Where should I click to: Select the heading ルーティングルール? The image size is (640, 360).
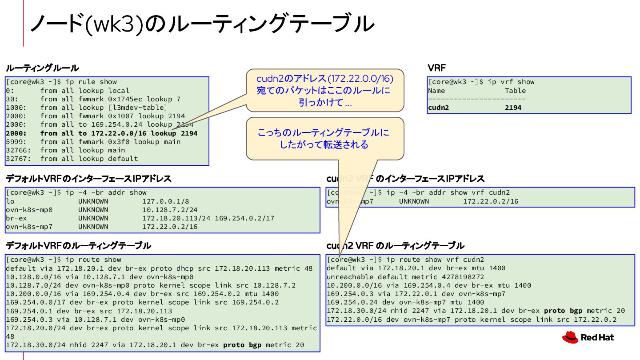click(42, 68)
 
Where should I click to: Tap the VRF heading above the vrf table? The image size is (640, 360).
click(436, 68)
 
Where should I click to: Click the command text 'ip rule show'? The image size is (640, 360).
click(91, 82)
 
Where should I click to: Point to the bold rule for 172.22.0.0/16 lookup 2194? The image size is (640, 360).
click(119, 133)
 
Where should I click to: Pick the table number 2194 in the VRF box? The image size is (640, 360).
click(513, 108)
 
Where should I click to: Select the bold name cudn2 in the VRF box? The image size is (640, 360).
click(439, 108)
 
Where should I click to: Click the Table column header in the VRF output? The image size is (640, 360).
click(515, 91)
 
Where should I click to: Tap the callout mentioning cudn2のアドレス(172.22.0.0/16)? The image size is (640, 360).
click(325, 90)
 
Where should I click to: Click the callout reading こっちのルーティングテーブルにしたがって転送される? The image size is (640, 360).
click(325, 138)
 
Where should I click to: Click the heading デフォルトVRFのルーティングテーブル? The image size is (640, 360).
click(78, 246)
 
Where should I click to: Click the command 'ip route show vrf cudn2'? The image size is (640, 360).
click(436, 260)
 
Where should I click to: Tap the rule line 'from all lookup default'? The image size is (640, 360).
click(89, 159)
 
